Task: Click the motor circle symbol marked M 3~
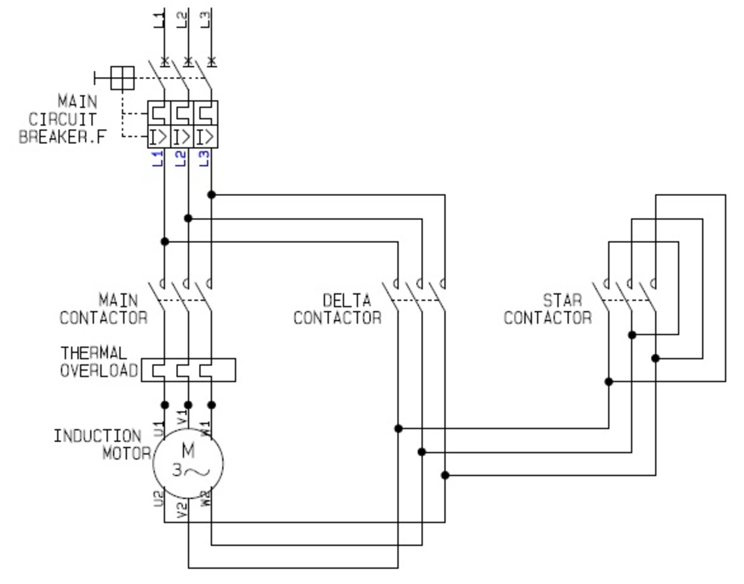click(188, 463)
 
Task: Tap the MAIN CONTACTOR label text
click(104, 309)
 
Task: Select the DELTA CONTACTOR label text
click(338, 309)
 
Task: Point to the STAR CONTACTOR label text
click(547, 309)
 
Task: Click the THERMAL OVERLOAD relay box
click(188, 369)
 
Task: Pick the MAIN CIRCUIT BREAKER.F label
click(62, 119)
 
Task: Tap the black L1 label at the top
click(159, 19)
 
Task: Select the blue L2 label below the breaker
click(181, 159)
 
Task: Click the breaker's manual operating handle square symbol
click(122, 78)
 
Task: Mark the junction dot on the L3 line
click(211, 195)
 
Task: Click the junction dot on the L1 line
click(164, 241)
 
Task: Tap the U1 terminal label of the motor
click(159, 427)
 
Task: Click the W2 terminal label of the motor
click(206, 498)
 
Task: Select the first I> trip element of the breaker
click(159, 136)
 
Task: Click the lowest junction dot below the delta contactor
click(445, 475)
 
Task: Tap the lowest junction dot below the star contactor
click(609, 381)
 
